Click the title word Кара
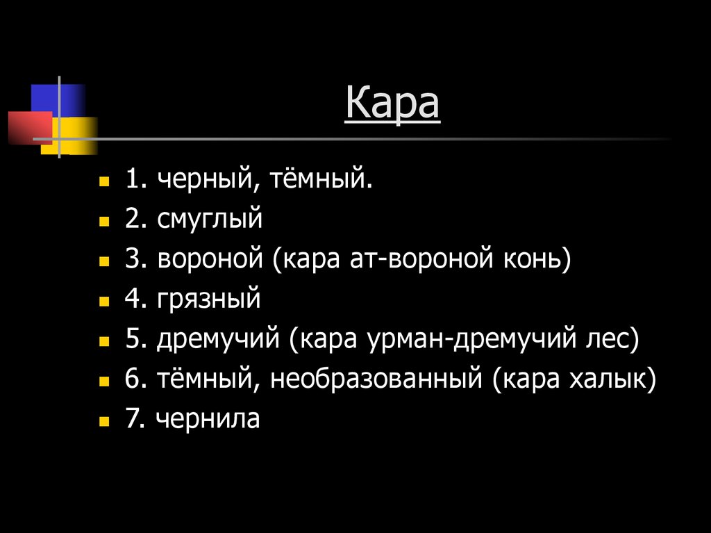click(x=392, y=104)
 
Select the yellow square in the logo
click(x=78, y=135)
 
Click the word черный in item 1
click(x=199, y=181)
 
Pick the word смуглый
click(x=210, y=221)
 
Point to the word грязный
click(x=209, y=300)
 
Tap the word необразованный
click(x=376, y=379)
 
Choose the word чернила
click(x=208, y=419)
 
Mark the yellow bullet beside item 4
click(x=104, y=302)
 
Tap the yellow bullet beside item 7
click(x=104, y=421)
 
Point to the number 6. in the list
click(x=134, y=379)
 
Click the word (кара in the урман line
click(x=323, y=340)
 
